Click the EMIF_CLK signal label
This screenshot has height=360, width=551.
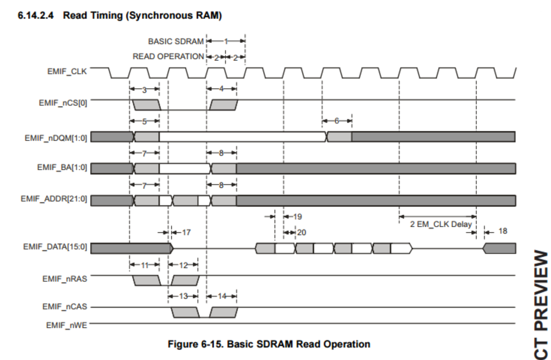point(67,72)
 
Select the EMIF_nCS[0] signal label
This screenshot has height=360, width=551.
point(63,103)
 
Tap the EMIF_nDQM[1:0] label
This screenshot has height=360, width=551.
point(56,138)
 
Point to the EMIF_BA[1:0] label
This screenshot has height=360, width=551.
point(62,167)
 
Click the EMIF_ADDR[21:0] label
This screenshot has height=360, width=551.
point(54,199)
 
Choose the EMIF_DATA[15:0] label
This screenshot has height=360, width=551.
point(55,247)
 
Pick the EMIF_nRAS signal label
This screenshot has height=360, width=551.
point(65,279)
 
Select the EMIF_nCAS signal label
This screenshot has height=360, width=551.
point(65,307)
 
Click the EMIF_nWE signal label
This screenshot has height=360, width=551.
point(66,325)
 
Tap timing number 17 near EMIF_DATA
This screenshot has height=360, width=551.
point(186,232)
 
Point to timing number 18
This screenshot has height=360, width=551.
point(503,231)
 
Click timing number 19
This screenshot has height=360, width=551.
point(297,217)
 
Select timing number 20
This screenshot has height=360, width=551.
point(302,232)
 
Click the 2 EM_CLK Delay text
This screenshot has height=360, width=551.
point(441,224)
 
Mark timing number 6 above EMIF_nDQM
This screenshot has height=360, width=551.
point(337,121)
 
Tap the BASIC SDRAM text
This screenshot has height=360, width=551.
point(176,41)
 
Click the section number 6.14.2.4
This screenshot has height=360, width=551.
point(35,15)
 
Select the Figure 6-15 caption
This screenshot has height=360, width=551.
point(269,344)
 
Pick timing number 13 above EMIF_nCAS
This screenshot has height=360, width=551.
point(184,297)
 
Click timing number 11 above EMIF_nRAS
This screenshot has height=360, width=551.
point(145,266)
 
